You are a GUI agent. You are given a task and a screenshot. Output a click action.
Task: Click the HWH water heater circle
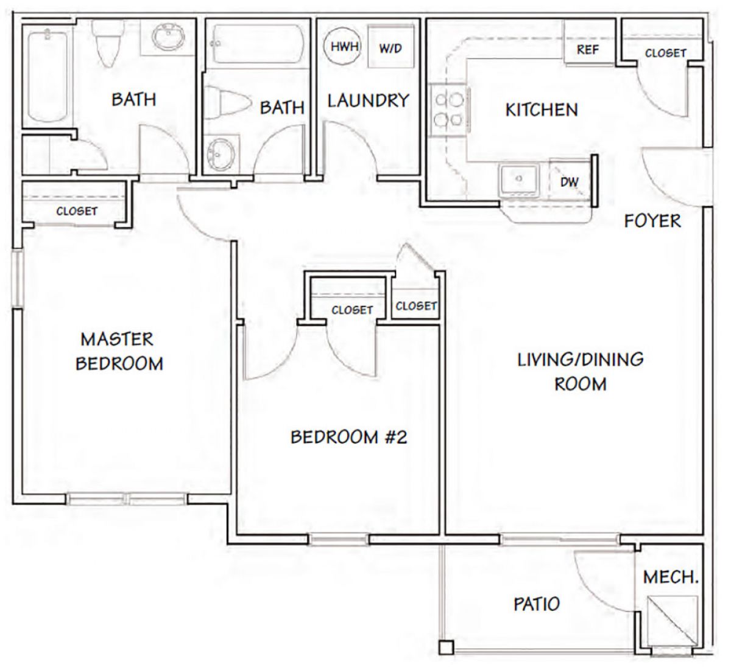pyautogui.click(x=342, y=46)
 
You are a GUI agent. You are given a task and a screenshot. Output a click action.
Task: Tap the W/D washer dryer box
pyautogui.click(x=391, y=46)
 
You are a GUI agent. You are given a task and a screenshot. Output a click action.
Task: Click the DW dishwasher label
pyautogui.click(x=569, y=182)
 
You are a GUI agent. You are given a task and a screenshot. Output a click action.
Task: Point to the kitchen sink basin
pyautogui.click(x=519, y=180)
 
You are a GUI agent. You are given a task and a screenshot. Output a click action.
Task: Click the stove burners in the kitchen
pyautogui.click(x=448, y=110)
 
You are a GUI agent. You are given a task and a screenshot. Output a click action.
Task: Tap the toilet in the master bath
pyautogui.click(x=107, y=43)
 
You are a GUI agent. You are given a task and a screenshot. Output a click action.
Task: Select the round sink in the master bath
pyautogui.click(x=168, y=37)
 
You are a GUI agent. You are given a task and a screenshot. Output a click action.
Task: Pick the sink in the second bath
pyautogui.click(x=221, y=153)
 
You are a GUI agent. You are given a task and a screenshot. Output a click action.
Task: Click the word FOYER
pyautogui.click(x=652, y=221)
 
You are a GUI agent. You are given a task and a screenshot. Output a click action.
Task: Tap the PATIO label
pyautogui.click(x=537, y=604)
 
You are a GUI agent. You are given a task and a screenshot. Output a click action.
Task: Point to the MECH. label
pyautogui.click(x=671, y=577)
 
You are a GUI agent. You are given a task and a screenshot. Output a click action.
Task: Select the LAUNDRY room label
pyautogui.click(x=369, y=101)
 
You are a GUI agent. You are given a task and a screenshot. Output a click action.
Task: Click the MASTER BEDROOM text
pyautogui.click(x=119, y=351)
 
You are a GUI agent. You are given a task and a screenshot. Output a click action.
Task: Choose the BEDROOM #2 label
pyautogui.click(x=348, y=437)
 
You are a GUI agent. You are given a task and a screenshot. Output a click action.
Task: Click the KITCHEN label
pyautogui.click(x=542, y=110)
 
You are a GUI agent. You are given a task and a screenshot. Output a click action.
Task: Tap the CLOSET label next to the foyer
pyautogui.click(x=665, y=53)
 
